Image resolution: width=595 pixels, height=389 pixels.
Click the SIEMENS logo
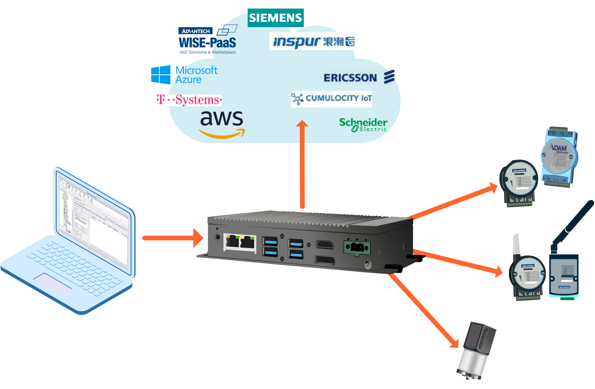pos(275,18)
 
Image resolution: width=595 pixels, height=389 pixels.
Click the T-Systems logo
pos(189,100)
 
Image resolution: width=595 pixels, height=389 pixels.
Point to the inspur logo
pos(312,41)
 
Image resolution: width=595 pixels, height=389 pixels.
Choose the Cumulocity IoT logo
pos(331,99)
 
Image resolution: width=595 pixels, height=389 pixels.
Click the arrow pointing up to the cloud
pos(302,165)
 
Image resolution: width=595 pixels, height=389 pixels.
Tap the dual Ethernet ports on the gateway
pos(240,242)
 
